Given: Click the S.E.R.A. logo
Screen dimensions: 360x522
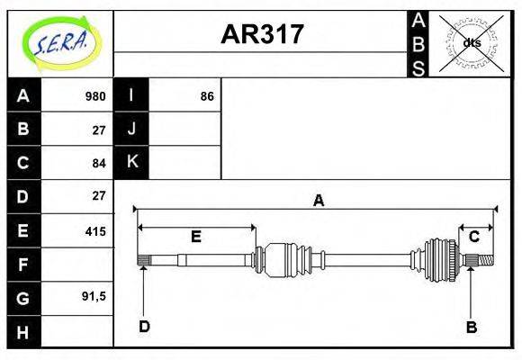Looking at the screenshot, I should (59, 43).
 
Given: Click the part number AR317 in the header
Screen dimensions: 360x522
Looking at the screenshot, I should (262, 34).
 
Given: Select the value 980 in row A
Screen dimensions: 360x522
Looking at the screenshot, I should (95, 96).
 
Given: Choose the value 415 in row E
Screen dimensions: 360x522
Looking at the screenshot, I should (95, 231).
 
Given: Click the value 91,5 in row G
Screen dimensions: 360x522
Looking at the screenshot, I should (94, 296).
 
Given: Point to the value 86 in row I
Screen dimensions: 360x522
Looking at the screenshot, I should (207, 96).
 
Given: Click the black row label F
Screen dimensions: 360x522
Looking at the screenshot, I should (23, 265).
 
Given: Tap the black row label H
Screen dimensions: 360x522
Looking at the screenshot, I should (23, 332).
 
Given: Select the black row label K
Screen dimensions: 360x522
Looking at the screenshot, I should (131, 162).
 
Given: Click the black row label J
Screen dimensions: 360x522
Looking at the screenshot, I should (131, 129).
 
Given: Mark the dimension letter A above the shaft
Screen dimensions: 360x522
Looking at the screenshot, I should (318, 201).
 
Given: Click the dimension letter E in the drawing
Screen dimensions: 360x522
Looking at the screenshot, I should (195, 237).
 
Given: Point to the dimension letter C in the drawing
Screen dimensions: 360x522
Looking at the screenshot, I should (473, 237).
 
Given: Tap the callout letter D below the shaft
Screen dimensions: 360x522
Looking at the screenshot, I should (144, 326).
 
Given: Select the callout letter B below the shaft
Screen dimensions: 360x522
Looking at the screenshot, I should (471, 326).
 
